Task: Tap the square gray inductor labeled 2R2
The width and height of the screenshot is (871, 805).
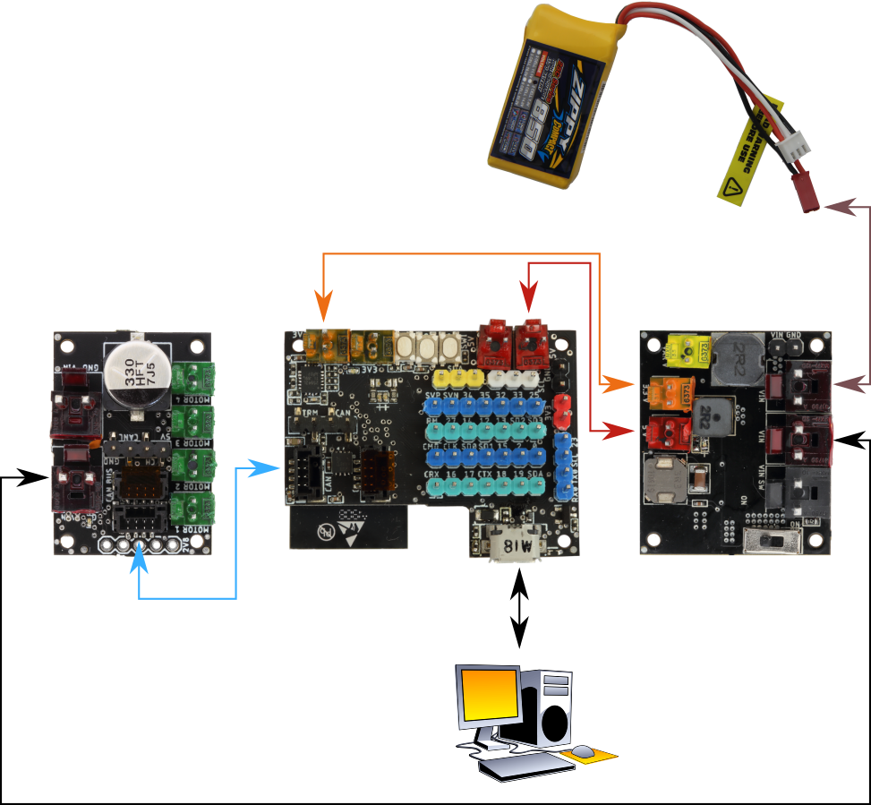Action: tap(711, 419)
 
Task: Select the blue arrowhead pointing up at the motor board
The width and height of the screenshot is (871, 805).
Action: tap(138, 561)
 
